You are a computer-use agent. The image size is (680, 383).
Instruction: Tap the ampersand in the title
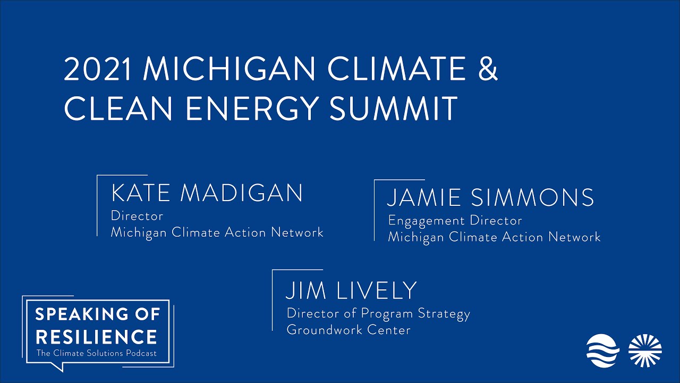pyautogui.click(x=486, y=69)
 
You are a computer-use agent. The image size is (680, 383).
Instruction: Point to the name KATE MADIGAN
pyautogui.click(x=207, y=193)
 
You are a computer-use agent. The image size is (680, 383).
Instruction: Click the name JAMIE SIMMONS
pyautogui.click(x=490, y=198)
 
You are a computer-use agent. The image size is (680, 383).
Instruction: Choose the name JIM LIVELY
pyautogui.click(x=351, y=290)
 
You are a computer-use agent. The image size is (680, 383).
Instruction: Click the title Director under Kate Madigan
pyautogui.click(x=137, y=216)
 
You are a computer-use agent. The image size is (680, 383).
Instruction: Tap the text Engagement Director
pyautogui.click(x=455, y=220)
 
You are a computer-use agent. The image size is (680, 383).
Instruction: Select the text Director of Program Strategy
pyautogui.click(x=378, y=313)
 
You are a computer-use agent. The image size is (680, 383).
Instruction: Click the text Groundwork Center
pyautogui.click(x=348, y=330)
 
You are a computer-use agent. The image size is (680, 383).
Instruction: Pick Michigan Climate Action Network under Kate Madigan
pyautogui.click(x=217, y=232)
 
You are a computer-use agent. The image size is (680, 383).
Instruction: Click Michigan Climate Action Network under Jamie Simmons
pyautogui.click(x=494, y=237)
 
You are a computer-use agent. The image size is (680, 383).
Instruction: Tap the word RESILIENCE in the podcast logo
pyautogui.click(x=96, y=337)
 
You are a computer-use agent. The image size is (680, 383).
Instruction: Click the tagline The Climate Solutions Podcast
pyautogui.click(x=96, y=354)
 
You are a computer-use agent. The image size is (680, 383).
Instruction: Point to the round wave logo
pyautogui.click(x=602, y=351)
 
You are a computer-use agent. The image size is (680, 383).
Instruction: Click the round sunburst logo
pyautogui.click(x=645, y=351)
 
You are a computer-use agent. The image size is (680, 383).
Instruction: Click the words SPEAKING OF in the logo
pyautogui.click(x=98, y=314)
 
